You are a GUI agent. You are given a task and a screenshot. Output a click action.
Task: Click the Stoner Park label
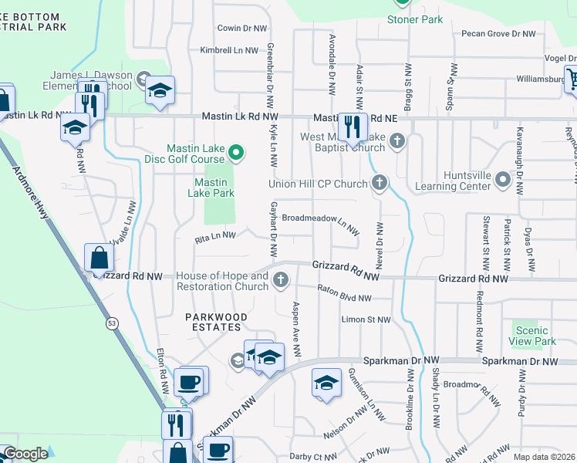[x=415, y=19]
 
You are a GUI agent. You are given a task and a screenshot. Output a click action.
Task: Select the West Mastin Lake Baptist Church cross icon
[x=397, y=140]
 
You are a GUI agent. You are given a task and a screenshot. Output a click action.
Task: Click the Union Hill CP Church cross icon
[x=379, y=183]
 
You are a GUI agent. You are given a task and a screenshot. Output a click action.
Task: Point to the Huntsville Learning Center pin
[x=503, y=180]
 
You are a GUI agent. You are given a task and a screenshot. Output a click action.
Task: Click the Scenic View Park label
[x=532, y=336]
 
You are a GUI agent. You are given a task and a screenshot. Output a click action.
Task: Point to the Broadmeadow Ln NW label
[x=320, y=220]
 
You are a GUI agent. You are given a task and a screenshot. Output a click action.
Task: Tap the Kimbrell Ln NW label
[x=228, y=50]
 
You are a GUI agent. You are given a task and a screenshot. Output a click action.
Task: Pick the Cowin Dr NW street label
[x=242, y=28]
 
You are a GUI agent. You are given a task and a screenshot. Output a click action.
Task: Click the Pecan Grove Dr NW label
[x=498, y=34]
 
